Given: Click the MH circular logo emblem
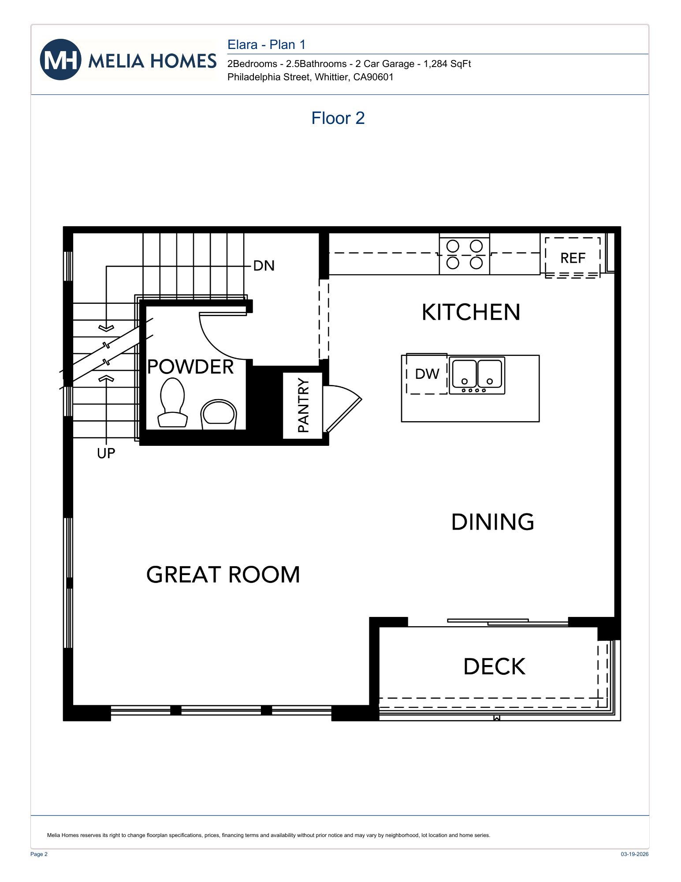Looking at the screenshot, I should pyautogui.click(x=60, y=60).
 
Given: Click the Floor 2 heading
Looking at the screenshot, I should pyautogui.click(x=338, y=118).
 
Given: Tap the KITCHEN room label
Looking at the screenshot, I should pyautogui.click(x=471, y=312).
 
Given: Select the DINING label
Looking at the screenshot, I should pyautogui.click(x=492, y=522).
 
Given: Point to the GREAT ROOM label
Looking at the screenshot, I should pyautogui.click(x=223, y=575).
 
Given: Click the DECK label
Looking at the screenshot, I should pyautogui.click(x=495, y=666).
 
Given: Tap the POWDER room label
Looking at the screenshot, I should pyautogui.click(x=190, y=367).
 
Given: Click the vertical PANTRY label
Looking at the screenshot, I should pyautogui.click(x=303, y=405).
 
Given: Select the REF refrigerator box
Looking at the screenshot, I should pyautogui.click(x=573, y=258).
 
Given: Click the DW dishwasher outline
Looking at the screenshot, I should pyautogui.click(x=427, y=374).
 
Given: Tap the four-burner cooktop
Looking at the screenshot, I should pyautogui.click(x=465, y=254).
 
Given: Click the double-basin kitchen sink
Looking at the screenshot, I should pyautogui.click(x=477, y=375).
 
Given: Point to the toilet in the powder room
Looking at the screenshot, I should pyautogui.click(x=172, y=402).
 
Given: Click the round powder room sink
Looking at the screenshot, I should pyautogui.click(x=219, y=414).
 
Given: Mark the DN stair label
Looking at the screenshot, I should pyautogui.click(x=264, y=265).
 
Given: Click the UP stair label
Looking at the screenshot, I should pyautogui.click(x=106, y=453).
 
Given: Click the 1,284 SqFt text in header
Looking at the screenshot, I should pyautogui.click(x=447, y=64).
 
